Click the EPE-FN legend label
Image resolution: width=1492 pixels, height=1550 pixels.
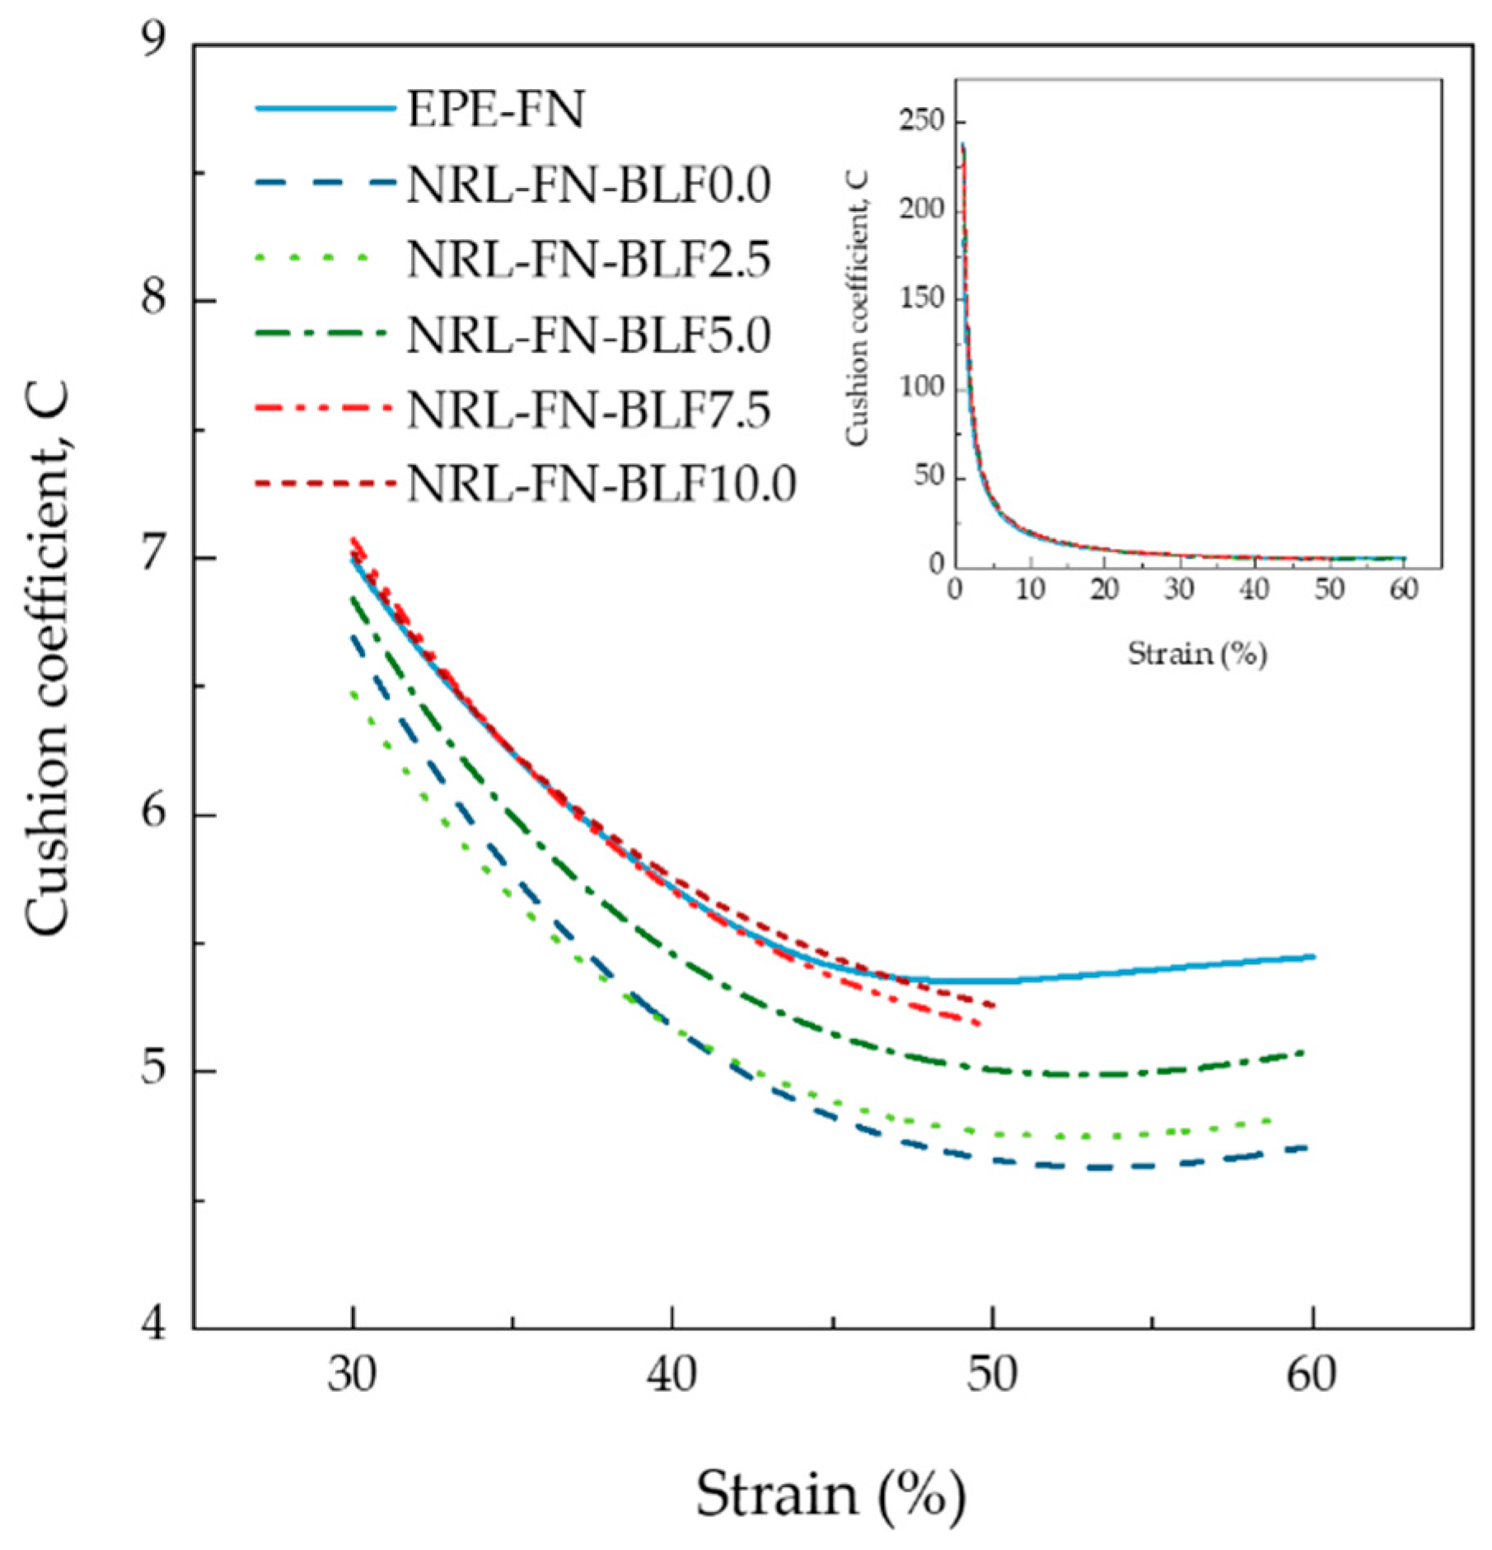click(x=495, y=110)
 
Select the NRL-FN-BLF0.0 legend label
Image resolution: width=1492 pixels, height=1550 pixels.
click(x=588, y=185)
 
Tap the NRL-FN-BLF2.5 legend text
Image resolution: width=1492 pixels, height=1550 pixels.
click(x=588, y=260)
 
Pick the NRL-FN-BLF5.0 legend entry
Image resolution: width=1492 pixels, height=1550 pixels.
click(x=588, y=335)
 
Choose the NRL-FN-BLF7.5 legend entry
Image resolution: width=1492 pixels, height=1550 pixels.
click(x=588, y=410)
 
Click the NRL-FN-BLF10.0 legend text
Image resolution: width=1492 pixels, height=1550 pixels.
click(x=601, y=484)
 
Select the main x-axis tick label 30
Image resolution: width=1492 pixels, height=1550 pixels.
click(x=353, y=1374)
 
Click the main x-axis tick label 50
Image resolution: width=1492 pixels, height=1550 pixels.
click(x=992, y=1374)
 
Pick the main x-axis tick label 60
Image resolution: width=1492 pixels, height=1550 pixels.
click(x=1312, y=1374)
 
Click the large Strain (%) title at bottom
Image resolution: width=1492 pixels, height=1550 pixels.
click(x=830, y=1493)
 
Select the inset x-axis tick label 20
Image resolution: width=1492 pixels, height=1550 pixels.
click(x=1105, y=588)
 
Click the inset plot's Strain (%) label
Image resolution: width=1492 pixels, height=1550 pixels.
click(x=1196, y=653)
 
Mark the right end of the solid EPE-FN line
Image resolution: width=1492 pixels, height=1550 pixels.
click(x=1313, y=957)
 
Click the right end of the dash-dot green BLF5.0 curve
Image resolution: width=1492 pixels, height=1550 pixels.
click(x=1303, y=1051)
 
